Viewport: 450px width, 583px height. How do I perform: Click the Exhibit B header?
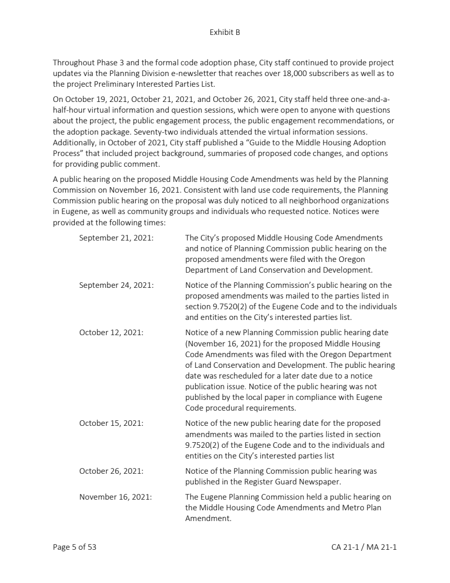pos(224,32)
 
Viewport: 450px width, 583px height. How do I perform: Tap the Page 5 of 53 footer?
pos(75,546)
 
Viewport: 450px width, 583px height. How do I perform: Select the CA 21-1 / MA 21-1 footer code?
pos(364,546)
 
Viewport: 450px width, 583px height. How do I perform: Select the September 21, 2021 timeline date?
pos(116,238)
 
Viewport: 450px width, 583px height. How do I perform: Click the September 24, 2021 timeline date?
pos(116,285)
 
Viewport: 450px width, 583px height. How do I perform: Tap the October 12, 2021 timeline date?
pos(111,332)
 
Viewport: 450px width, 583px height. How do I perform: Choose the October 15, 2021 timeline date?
pos(111,423)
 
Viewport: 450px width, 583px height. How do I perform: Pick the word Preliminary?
pos(115,84)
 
